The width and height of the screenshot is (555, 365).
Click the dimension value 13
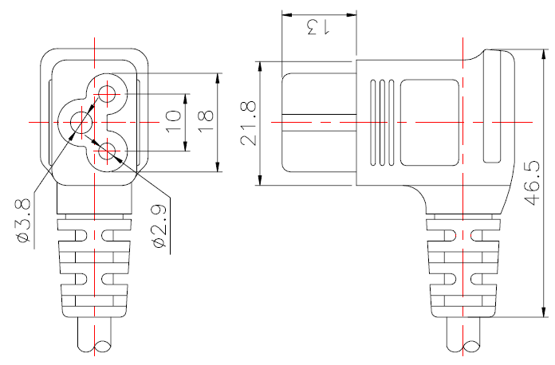(x=318, y=27)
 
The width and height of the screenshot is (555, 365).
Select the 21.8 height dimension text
(x=249, y=123)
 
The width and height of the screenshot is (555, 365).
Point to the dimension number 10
(x=173, y=122)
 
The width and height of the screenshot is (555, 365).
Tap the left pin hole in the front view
(x=81, y=122)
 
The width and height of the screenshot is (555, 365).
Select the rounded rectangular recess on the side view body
(x=430, y=122)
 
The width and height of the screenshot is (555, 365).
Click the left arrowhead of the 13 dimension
(x=286, y=15)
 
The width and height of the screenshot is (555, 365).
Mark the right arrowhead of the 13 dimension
(x=352, y=15)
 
